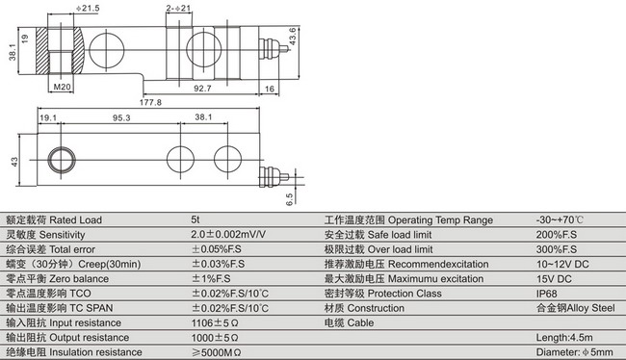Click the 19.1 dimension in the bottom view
tap(47, 118)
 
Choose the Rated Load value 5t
tap(196, 219)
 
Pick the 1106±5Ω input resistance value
tap(215, 322)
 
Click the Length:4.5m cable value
tap(564, 338)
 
